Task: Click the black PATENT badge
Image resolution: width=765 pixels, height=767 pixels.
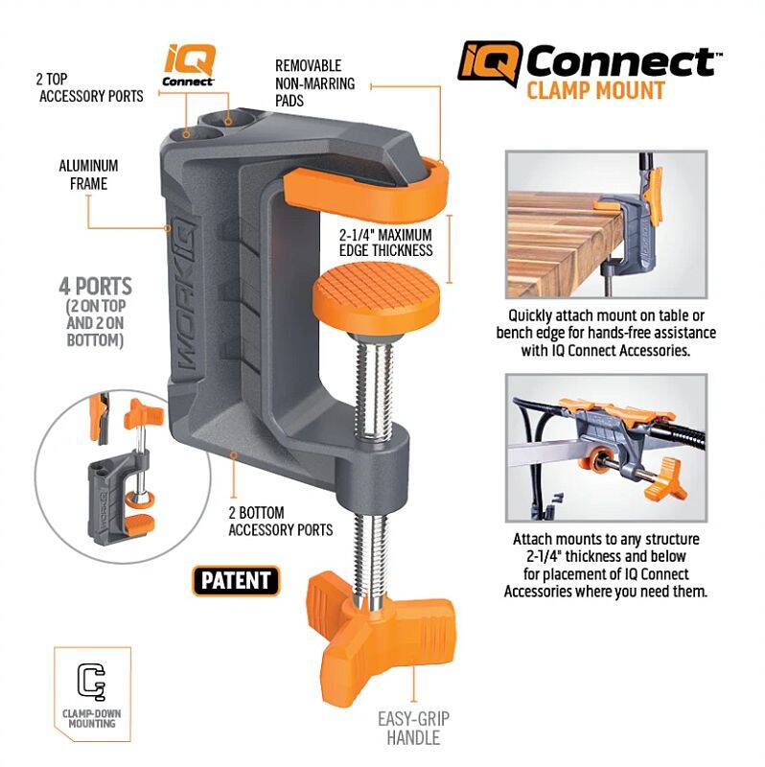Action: tap(236, 581)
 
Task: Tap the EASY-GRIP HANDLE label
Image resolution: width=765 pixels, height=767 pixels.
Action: tap(413, 728)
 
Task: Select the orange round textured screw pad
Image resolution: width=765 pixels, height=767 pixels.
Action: tap(376, 296)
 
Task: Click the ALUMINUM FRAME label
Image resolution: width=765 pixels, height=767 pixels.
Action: tap(88, 174)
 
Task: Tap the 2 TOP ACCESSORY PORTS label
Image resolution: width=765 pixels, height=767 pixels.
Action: tap(90, 87)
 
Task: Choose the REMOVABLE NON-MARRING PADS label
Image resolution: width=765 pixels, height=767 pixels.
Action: tap(315, 83)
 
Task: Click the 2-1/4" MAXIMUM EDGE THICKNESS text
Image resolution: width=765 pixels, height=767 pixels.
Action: tap(386, 243)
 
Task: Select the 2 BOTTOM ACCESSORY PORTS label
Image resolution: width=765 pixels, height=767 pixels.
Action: tap(280, 522)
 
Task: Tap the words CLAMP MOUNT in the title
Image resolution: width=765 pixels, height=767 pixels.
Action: tap(595, 91)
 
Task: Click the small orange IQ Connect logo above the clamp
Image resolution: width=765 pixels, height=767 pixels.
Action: tap(188, 65)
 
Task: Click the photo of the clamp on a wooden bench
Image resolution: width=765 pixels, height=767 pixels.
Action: tap(607, 224)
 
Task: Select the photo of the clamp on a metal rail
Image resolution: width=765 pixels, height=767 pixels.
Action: tap(607, 448)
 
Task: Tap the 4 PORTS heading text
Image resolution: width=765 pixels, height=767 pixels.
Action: tap(95, 286)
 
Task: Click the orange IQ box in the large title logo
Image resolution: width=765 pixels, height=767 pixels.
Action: tap(490, 63)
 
